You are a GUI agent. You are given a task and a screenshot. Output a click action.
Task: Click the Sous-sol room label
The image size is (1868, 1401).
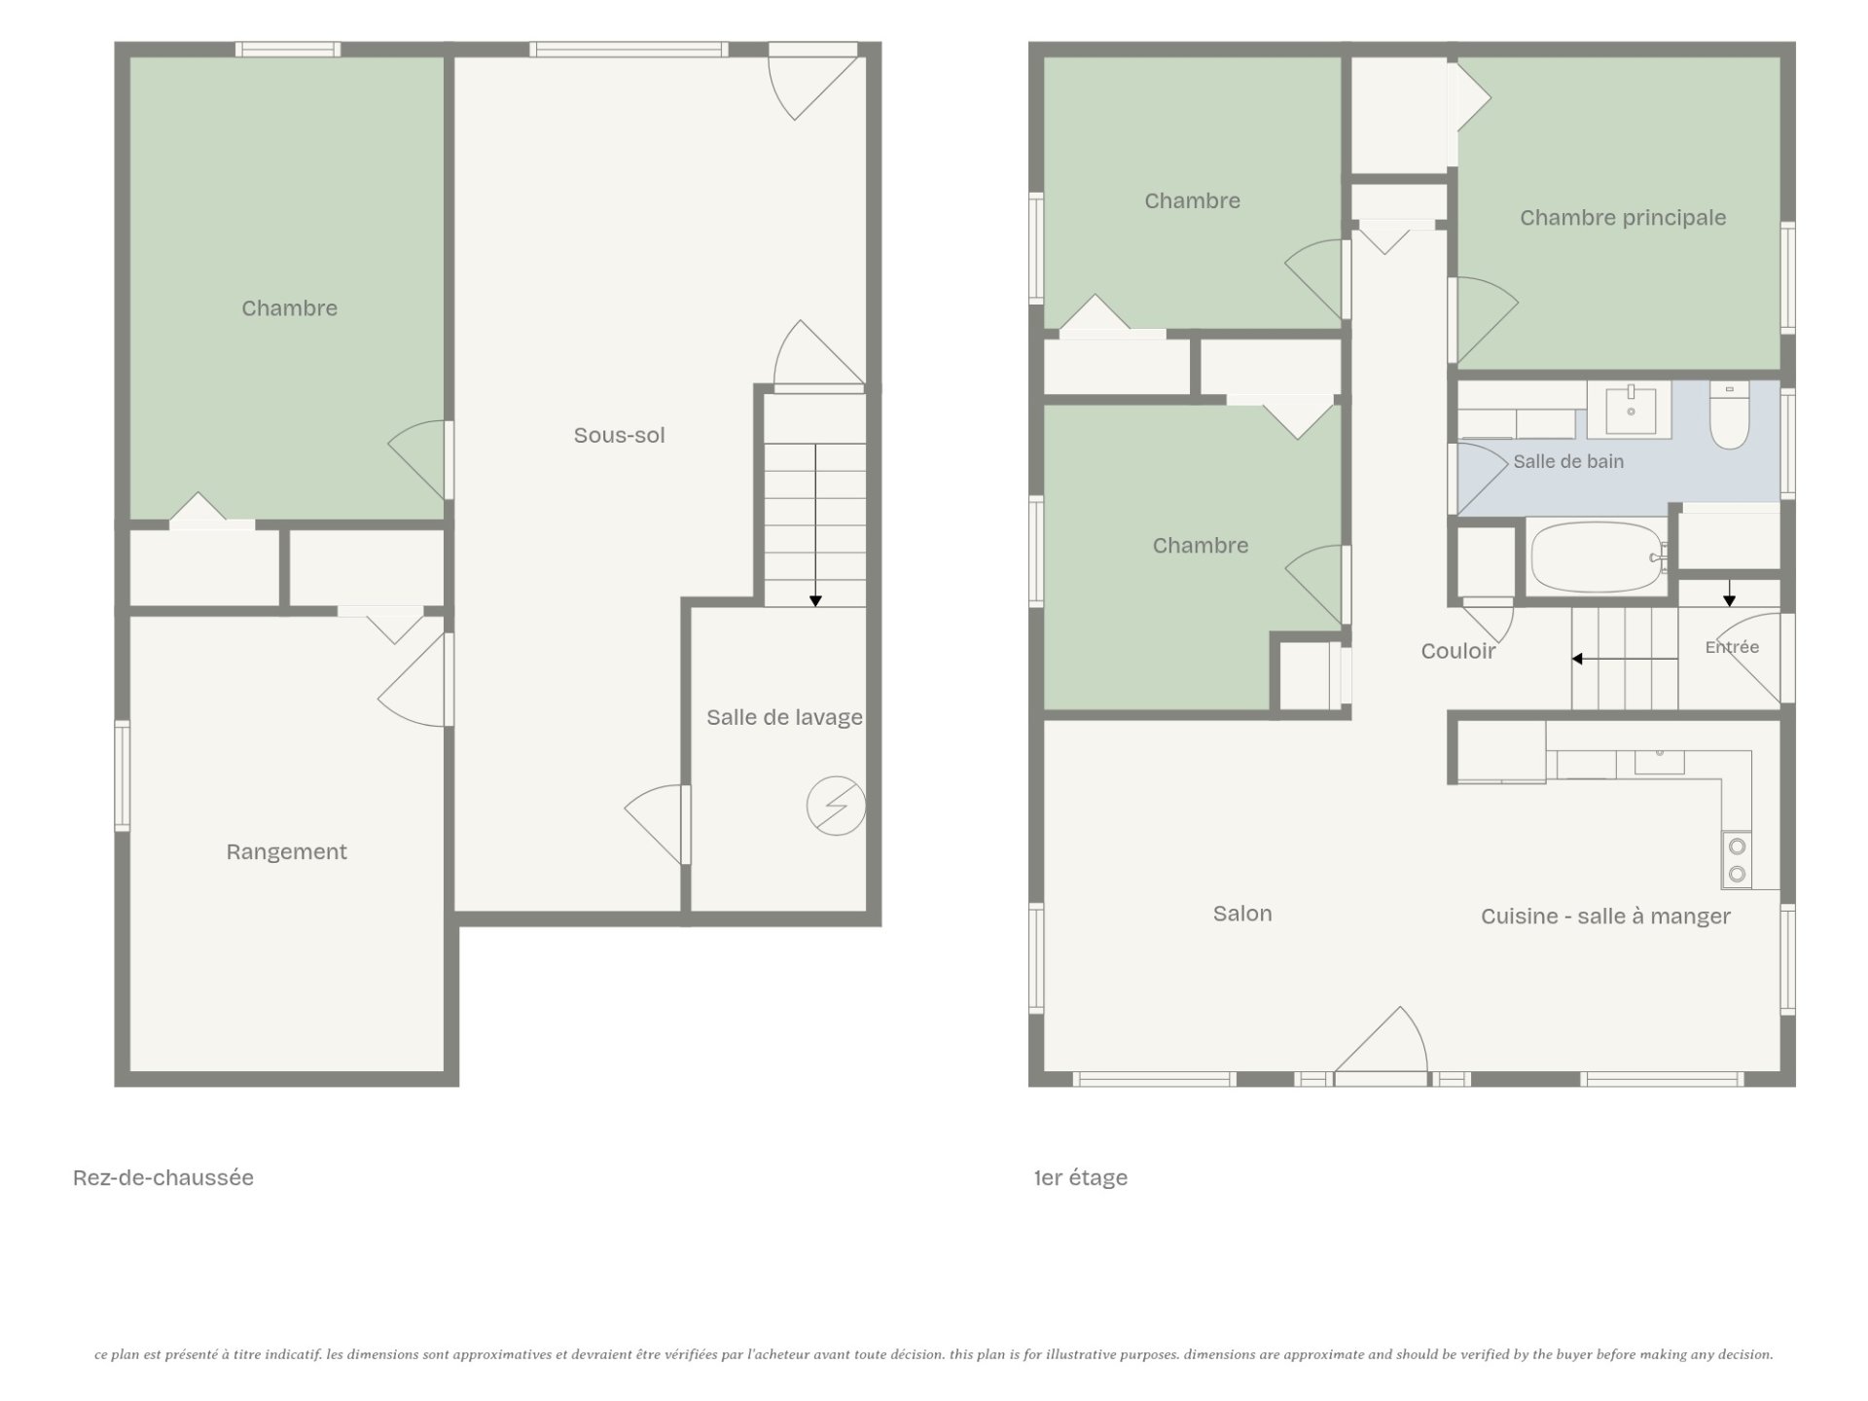point(619,435)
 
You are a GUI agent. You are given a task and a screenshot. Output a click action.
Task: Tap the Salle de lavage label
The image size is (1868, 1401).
point(784,717)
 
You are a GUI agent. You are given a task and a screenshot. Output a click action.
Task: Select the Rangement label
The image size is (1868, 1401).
point(286,852)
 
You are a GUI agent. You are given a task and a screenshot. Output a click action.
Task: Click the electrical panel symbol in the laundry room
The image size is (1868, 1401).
point(836,806)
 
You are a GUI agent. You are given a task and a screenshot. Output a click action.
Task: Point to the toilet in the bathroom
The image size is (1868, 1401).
point(1729,415)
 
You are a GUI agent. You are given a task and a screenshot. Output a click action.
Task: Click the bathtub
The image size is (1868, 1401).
point(1597,557)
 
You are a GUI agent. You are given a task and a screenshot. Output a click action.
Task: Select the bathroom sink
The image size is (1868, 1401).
point(1631,410)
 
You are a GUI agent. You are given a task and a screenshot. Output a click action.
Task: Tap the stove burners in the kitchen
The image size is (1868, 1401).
point(1737,860)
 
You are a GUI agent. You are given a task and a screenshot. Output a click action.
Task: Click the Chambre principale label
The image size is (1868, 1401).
point(1623,218)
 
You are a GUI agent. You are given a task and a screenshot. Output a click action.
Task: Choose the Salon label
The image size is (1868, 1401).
point(1242,914)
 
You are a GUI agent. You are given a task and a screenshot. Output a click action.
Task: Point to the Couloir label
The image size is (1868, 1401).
point(1457,651)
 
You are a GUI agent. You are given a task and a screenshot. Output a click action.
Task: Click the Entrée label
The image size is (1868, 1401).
point(1732,647)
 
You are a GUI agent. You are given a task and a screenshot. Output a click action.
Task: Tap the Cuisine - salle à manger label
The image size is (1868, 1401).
point(1605,916)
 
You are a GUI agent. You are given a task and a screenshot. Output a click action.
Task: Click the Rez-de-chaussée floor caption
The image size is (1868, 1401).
point(163,1177)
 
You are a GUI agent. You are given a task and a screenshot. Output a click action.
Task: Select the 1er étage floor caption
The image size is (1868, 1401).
point(1081,1178)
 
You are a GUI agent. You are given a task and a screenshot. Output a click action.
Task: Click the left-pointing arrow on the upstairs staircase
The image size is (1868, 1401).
point(1625,659)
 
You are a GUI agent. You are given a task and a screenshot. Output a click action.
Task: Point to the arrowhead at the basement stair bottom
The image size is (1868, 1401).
point(815,601)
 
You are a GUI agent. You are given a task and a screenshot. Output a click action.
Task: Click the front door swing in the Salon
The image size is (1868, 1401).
point(1381,1039)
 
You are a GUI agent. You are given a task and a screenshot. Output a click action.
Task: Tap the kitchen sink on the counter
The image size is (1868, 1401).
point(1660,761)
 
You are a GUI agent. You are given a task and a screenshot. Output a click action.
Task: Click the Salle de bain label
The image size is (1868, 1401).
point(1568,462)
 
